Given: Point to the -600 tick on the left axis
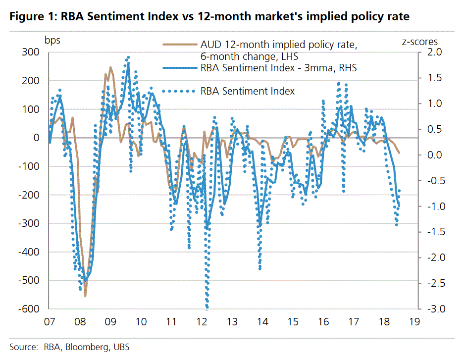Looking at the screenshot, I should (31, 309).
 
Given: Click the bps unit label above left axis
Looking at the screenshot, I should (52, 40).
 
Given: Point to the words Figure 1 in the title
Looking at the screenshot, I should (31, 17).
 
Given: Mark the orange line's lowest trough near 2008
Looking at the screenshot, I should (85, 296).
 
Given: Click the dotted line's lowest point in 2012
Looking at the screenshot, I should (207, 308).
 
